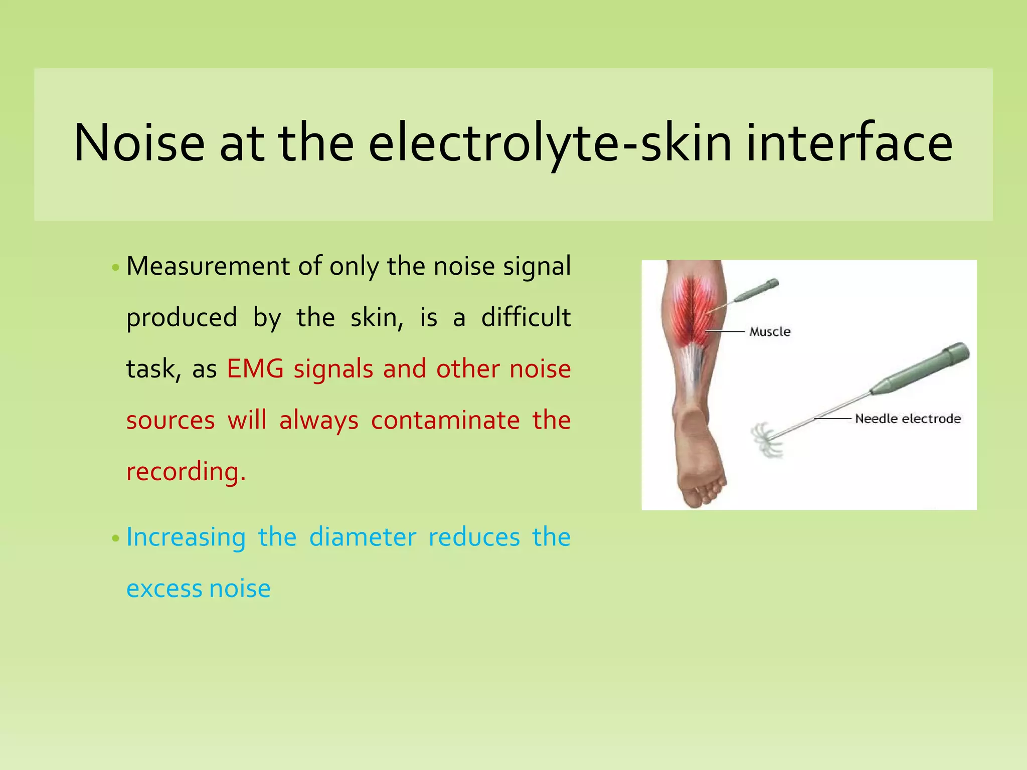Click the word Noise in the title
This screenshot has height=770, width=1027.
click(139, 144)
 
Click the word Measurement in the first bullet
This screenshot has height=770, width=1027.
click(208, 266)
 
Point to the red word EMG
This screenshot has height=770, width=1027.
click(255, 369)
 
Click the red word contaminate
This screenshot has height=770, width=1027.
click(445, 421)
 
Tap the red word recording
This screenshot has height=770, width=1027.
click(186, 472)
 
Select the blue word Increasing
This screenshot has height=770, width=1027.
click(186, 538)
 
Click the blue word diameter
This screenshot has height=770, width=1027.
click(363, 538)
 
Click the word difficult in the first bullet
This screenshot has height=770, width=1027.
click(526, 318)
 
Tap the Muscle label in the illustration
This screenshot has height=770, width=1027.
click(769, 332)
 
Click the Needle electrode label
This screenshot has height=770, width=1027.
click(907, 419)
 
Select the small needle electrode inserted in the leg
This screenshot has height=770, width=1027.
click(752, 293)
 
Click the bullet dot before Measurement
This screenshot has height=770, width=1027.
click(116, 268)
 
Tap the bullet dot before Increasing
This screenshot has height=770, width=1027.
click(116, 539)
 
